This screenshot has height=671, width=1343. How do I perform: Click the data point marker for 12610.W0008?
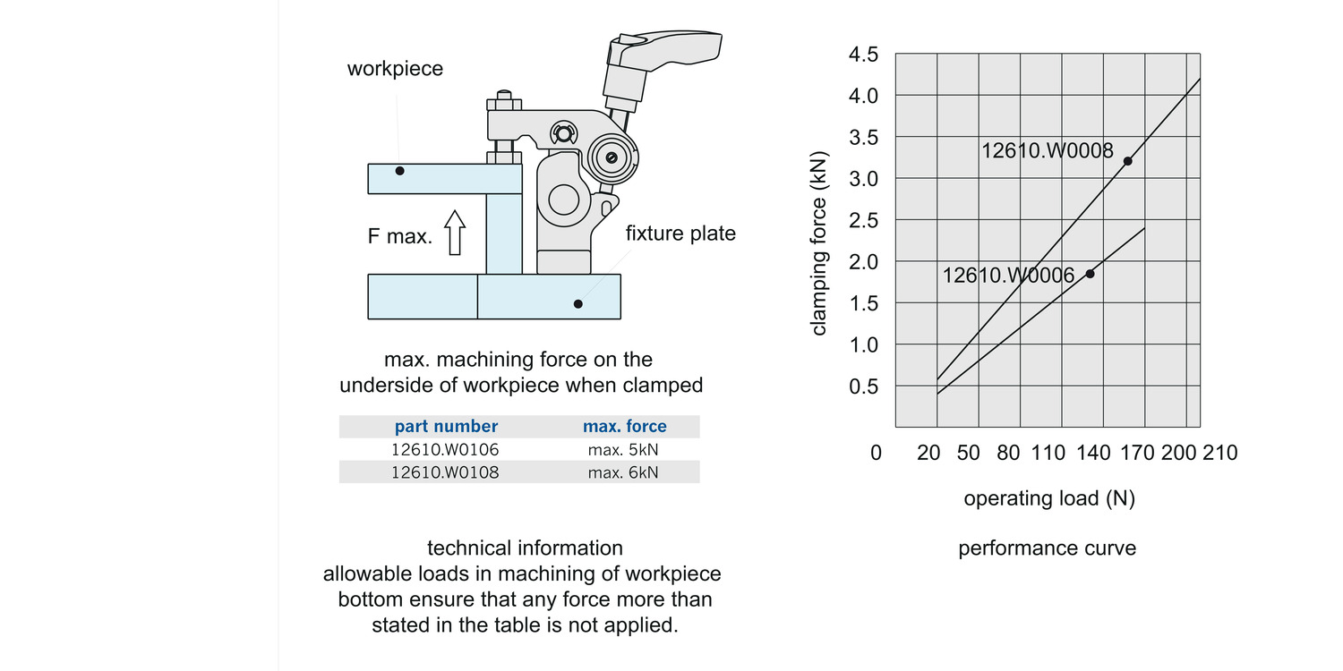tap(1127, 161)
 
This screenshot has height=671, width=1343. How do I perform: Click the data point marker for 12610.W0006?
tap(1090, 273)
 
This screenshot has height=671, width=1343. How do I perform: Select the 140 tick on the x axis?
tap(1093, 453)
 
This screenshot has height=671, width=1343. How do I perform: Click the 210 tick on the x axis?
tap(1219, 453)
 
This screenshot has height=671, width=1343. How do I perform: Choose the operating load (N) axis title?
tap(1049, 498)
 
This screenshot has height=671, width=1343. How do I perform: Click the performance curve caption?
tap(1047, 548)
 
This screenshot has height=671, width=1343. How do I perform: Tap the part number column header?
tap(446, 427)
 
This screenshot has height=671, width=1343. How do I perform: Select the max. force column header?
tap(624, 427)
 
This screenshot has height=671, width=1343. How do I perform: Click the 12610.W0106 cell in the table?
tap(445, 449)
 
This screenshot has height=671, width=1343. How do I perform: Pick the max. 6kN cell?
tap(623, 472)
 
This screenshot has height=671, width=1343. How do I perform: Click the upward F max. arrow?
tap(456, 233)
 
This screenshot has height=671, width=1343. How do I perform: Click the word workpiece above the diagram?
tap(395, 69)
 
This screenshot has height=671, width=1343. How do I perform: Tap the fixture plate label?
tap(680, 234)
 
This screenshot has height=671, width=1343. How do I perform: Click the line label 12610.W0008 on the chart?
tap(1048, 151)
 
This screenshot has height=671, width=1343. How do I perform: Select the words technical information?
tap(525, 548)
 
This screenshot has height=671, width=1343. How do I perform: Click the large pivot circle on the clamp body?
tap(563, 199)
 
